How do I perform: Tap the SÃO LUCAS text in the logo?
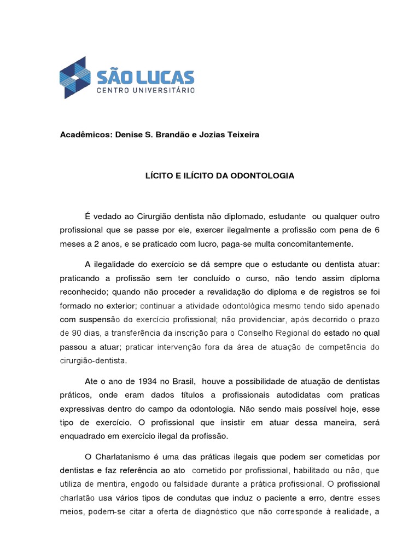coord(145,75)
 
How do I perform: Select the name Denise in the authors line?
coord(128,135)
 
